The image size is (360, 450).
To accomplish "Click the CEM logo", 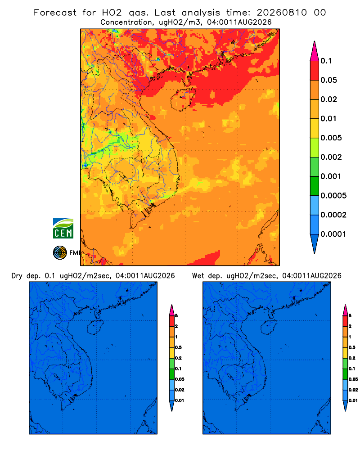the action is click(63, 229).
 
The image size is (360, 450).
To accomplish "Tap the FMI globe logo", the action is click(60, 253).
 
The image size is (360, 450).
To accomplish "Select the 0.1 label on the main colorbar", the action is click(326, 61).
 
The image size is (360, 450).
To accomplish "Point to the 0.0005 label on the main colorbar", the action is click(333, 196).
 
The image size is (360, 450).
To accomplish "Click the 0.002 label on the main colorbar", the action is click(331, 157).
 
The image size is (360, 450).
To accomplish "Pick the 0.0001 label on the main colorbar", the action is click(333, 234).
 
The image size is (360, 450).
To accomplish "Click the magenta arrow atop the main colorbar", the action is click(315, 51).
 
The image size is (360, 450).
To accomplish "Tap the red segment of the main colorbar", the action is click(315, 71).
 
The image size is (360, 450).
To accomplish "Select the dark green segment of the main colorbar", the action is click(315, 186).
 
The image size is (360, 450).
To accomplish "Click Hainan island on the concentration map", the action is click(183, 99).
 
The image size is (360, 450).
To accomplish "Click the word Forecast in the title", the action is click(55, 13).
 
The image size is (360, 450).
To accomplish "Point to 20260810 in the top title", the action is click(282, 13).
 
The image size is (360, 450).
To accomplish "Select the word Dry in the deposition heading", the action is click(17, 276).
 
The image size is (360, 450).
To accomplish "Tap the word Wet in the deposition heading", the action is click(198, 276).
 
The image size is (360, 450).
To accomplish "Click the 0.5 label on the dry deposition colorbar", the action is click(178, 347).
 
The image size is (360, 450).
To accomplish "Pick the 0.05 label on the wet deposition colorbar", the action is click(353, 379).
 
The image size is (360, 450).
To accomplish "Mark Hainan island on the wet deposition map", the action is click(269, 328).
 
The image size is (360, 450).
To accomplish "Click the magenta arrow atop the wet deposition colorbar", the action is click(345, 310).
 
